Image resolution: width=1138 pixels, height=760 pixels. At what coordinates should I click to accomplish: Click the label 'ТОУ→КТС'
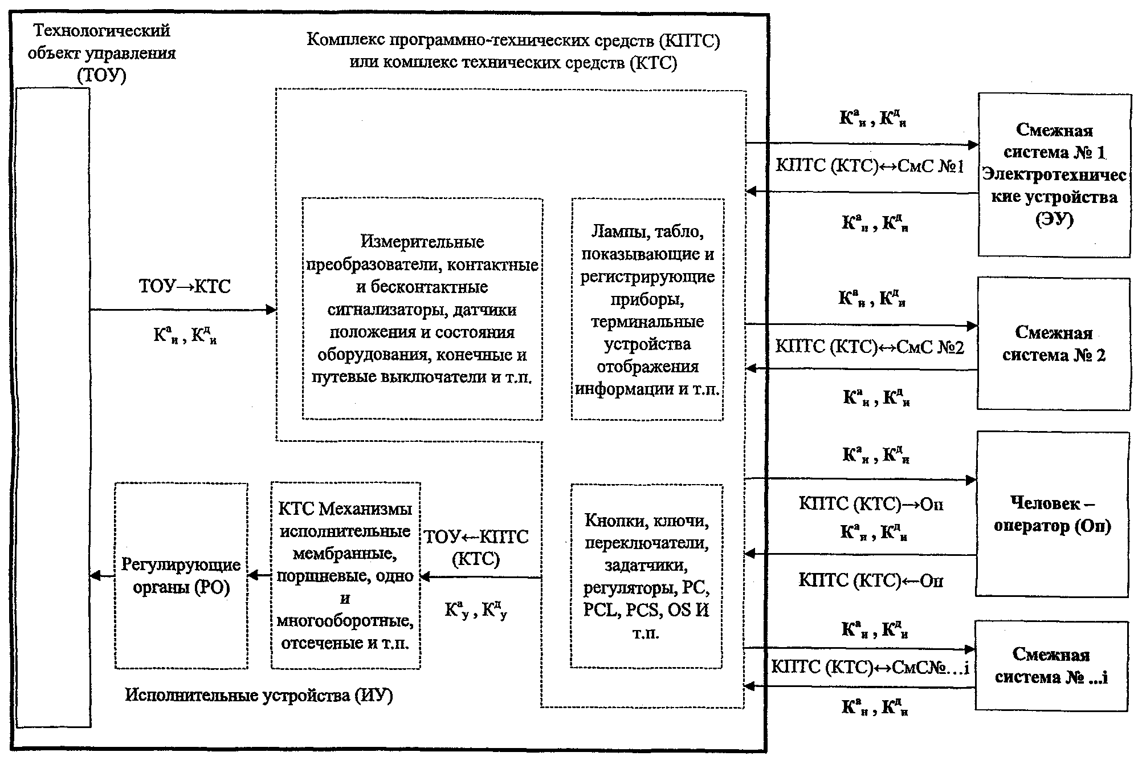185,286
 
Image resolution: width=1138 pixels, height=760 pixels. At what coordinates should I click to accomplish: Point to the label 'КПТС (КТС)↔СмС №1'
870,166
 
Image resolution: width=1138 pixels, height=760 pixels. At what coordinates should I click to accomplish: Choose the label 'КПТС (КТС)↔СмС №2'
870,347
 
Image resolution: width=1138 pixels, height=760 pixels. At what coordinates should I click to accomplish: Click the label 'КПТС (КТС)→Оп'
871,503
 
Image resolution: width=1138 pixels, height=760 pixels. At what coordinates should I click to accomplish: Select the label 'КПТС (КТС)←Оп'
871,580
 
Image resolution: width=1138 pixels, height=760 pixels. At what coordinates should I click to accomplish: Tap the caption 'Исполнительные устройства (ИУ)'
259,695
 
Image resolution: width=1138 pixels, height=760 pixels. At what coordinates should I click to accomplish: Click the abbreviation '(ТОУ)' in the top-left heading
101,75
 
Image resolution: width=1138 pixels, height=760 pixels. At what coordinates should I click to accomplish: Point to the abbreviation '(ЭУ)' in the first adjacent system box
1054,220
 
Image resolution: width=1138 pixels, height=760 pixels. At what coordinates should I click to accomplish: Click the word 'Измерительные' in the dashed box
422,242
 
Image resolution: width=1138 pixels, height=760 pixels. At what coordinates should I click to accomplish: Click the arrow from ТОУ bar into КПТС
183,310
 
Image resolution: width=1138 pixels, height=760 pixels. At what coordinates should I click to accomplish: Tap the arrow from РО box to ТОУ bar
103,576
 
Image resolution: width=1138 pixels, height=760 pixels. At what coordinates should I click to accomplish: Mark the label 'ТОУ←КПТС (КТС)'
476,547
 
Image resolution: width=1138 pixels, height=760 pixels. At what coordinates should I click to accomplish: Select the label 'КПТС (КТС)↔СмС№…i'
870,667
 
